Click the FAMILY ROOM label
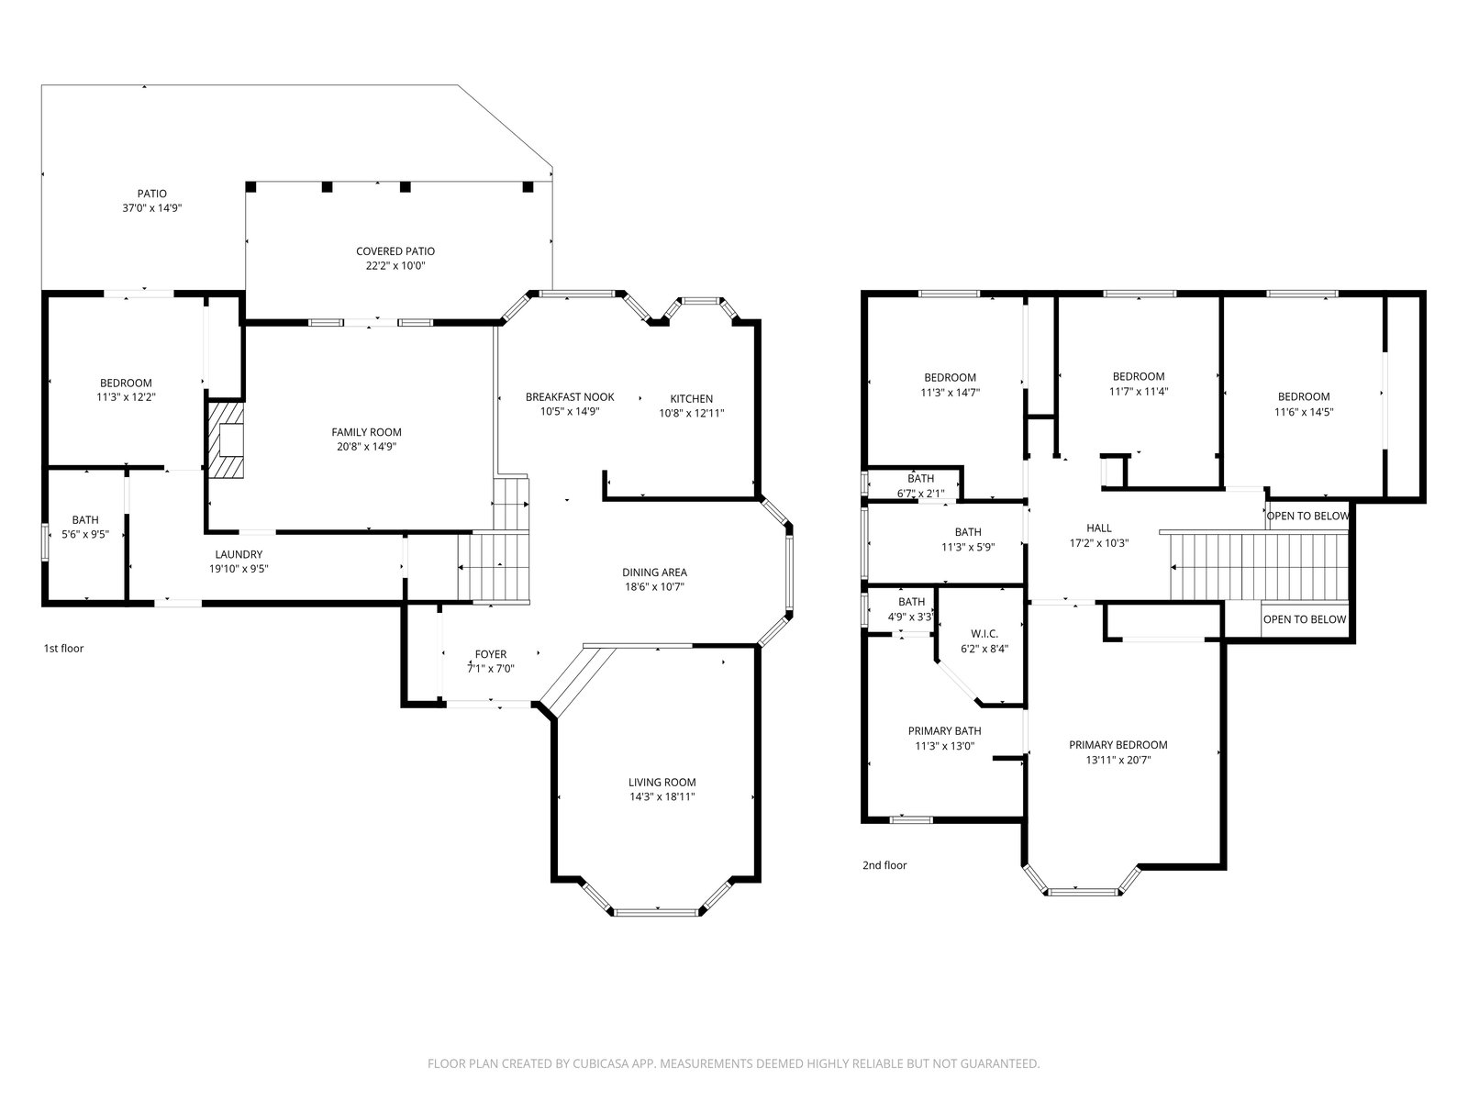click(x=366, y=432)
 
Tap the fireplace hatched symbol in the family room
click(x=226, y=439)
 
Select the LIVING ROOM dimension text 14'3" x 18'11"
click(x=662, y=796)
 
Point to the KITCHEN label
click(x=692, y=399)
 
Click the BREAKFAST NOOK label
click(x=570, y=397)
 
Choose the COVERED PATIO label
click(x=395, y=251)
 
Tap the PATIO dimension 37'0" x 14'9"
click(x=151, y=208)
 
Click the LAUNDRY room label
click(x=239, y=554)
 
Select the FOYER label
click(x=491, y=654)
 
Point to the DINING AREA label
click(x=655, y=573)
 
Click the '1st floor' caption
click(x=63, y=649)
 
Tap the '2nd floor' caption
click(x=884, y=865)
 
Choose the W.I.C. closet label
click(x=984, y=634)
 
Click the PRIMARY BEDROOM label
click(x=1118, y=745)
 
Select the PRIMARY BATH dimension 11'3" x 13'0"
click(x=944, y=746)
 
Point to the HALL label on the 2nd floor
click(x=1099, y=528)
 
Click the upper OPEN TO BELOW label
click(x=1307, y=516)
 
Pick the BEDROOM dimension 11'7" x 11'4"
click(x=1139, y=392)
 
